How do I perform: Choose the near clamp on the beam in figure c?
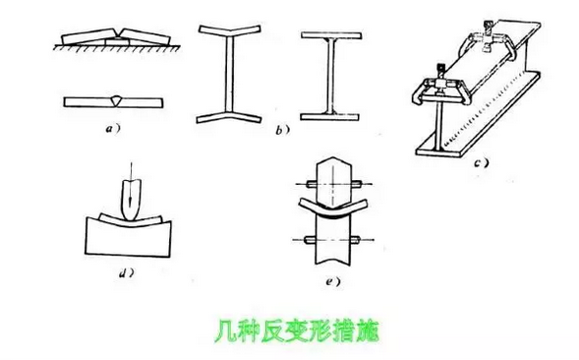coord(439,86)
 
